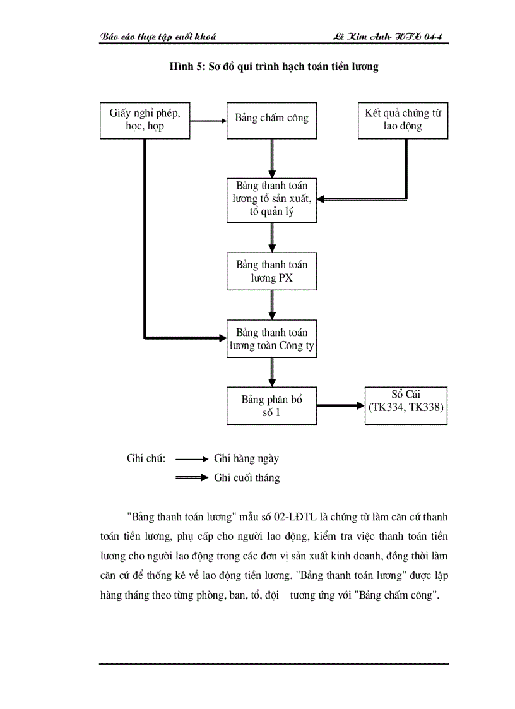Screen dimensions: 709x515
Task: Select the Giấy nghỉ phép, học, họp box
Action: (x=145, y=119)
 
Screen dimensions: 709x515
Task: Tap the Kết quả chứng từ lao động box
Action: (x=403, y=119)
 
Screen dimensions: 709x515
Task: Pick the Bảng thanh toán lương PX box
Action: (x=272, y=271)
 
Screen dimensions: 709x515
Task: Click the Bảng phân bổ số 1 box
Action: (x=272, y=406)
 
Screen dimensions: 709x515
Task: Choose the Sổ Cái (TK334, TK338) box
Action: (x=406, y=405)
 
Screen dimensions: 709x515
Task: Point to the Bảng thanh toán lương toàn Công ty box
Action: (x=272, y=339)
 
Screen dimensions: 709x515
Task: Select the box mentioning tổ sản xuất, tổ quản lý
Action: (x=272, y=200)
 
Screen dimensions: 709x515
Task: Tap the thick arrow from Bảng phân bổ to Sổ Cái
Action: (x=341, y=406)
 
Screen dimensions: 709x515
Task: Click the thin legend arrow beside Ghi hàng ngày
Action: (x=191, y=459)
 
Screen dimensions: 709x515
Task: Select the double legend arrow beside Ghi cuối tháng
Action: (x=191, y=478)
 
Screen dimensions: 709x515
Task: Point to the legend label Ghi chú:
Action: (x=146, y=459)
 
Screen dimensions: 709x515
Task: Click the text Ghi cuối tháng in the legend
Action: (x=247, y=478)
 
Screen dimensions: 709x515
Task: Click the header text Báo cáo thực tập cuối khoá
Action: (x=158, y=37)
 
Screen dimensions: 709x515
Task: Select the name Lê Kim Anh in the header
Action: (x=364, y=37)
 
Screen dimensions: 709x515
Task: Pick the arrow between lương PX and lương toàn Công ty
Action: (x=272, y=305)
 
